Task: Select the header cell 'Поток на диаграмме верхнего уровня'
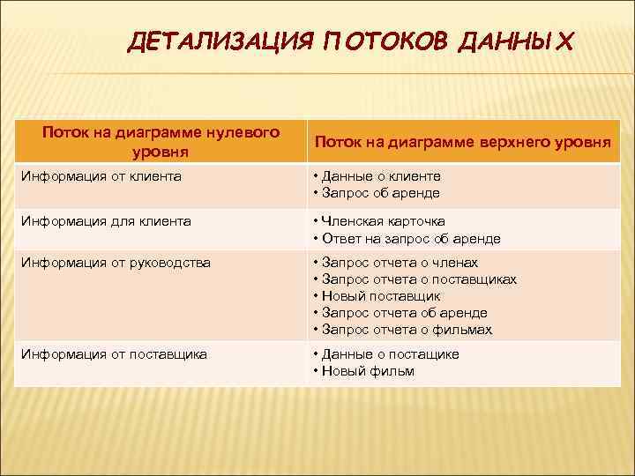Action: click(462, 142)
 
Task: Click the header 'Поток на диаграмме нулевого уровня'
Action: click(161, 141)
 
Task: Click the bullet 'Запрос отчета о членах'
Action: click(400, 263)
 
